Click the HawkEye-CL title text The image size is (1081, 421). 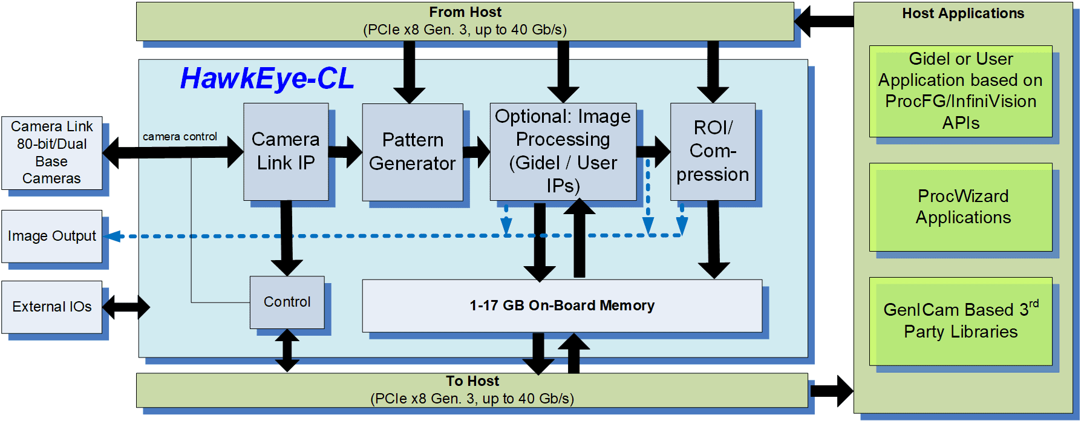pos(267,79)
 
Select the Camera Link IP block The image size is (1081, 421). pos(286,151)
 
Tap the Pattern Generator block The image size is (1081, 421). pos(413,152)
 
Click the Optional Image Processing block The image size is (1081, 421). pos(563,151)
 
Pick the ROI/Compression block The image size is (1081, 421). pos(713,151)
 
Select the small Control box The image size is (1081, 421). pos(287,302)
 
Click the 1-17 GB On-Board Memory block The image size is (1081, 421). pos(561,305)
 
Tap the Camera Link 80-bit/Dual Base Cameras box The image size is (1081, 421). pos(51,152)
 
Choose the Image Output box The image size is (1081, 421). pos(51,236)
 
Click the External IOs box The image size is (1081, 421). pos(51,307)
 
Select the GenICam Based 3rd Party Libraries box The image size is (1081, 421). pos(961,321)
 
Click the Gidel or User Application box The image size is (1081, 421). pos(961,91)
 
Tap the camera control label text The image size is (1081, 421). pos(180,137)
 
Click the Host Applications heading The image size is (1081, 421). pos(963,13)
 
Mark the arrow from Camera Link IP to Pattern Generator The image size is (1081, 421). pos(345,152)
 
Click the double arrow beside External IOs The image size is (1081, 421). pos(126,307)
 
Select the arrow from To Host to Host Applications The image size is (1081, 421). pos(831,390)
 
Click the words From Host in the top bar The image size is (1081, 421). pos(465,12)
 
